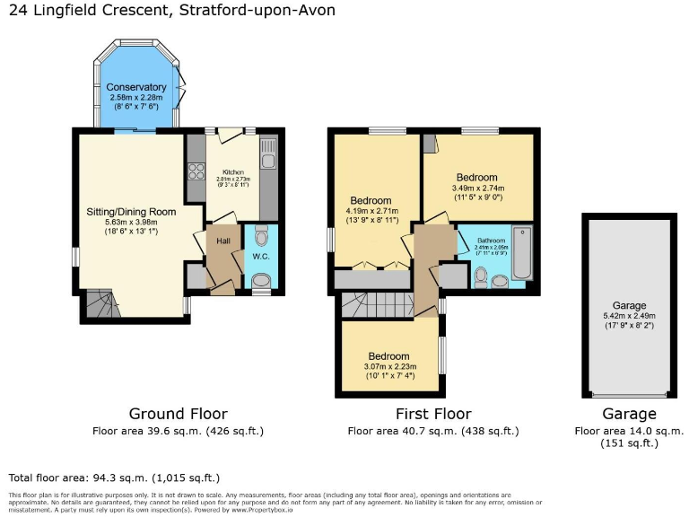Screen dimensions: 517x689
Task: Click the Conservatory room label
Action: coord(136,87)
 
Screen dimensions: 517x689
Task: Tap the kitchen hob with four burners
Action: coord(196,171)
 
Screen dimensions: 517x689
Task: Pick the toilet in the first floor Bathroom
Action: coord(481,276)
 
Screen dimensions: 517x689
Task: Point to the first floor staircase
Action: coord(378,305)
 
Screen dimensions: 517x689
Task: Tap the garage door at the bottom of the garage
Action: coord(628,393)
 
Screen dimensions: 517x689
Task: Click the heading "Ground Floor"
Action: coord(178,414)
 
